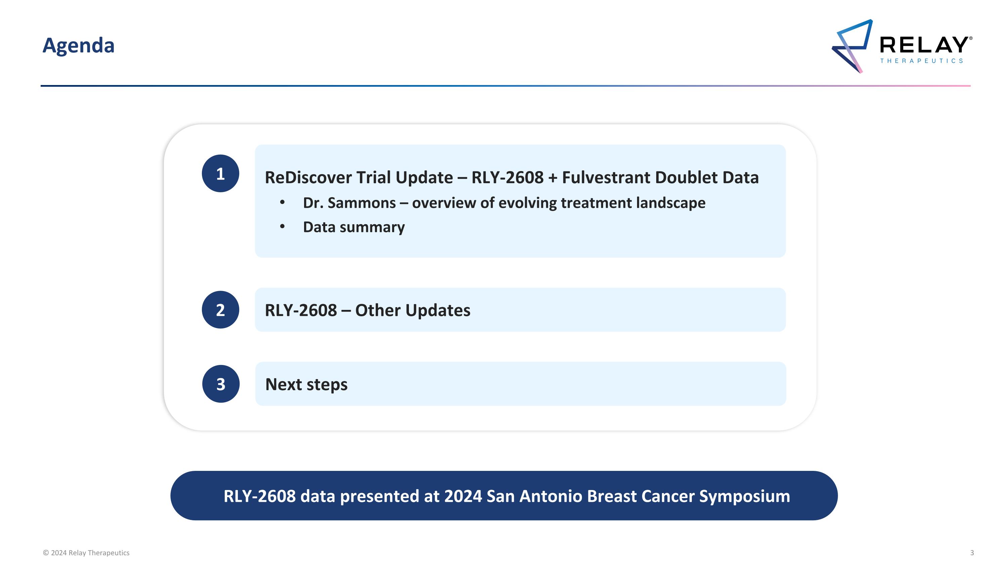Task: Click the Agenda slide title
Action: tap(78, 46)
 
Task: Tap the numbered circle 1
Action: tap(220, 173)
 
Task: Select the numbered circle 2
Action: tap(220, 310)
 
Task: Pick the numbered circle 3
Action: tap(221, 384)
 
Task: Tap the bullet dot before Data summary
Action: tap(282, 226)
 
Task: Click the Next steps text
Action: tap(306, 384)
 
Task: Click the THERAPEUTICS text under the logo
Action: tap(922, 60)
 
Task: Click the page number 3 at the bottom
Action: tap(972, 553)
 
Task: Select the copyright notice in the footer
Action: tap(86, 553)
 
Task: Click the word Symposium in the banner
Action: tap(745, 496)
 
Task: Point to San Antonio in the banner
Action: tap(535, 496)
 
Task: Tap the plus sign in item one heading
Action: tap(552, 178)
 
